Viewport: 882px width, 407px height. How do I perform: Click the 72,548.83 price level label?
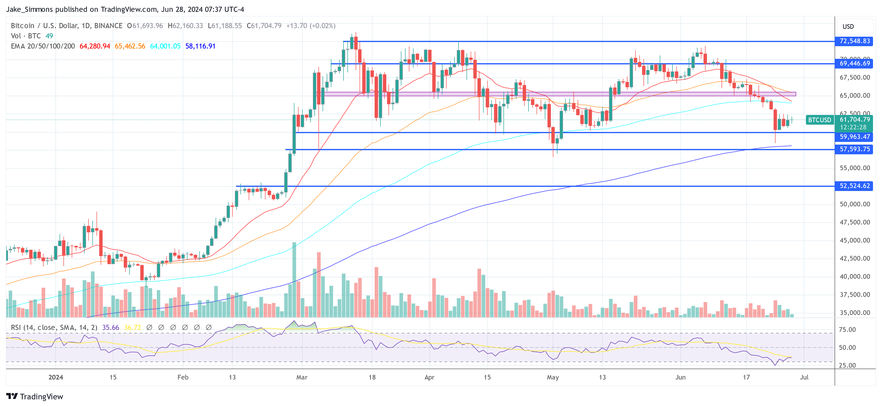point(854,41)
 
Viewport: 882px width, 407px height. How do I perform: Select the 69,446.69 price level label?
point(854,63)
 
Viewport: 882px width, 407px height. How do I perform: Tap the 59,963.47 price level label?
point(854,137)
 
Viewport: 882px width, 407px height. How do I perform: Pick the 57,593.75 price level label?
point(854,149)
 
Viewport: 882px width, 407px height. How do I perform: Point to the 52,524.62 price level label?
point(854,186)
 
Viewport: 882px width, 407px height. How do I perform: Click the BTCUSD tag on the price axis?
point(819,120)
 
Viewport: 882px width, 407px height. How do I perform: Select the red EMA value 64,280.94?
point(95,46)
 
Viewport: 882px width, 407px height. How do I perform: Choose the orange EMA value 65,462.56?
point(130,46)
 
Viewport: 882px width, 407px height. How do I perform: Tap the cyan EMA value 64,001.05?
point(165,46)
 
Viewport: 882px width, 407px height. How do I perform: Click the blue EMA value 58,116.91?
point(200,46)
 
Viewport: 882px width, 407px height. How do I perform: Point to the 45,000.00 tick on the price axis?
point(855,240)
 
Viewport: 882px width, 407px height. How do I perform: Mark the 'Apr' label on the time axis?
point(429,377)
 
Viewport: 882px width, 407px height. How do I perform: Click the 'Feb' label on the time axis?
point(183,377)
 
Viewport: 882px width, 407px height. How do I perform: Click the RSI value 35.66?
point(111,328)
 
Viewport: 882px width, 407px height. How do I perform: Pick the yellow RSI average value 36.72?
point(132,328)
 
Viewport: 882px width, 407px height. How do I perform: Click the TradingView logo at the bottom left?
point(35,396)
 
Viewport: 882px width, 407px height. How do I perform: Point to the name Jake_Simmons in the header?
point(29,9)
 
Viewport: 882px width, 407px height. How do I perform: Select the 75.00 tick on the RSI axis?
point(847,330)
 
